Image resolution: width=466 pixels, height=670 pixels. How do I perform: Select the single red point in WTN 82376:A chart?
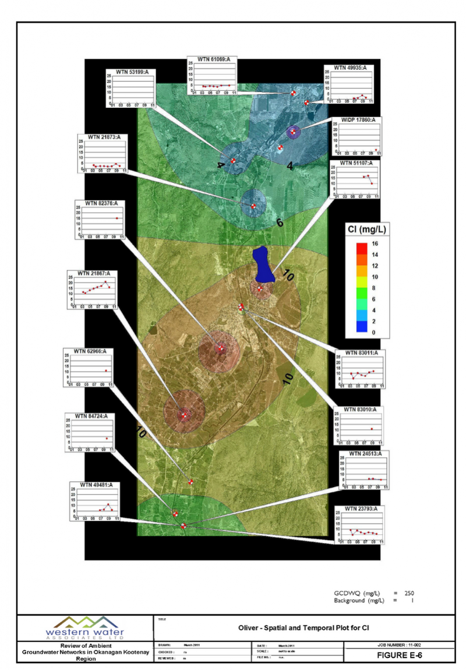[116, 218]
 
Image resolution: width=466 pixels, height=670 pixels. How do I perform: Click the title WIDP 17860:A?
[354, 120]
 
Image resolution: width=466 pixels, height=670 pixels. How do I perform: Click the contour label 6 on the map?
[279, 223]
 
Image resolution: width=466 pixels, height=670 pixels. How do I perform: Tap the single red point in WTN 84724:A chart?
[107, 438]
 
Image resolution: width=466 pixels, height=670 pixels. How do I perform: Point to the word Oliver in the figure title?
[249, 628]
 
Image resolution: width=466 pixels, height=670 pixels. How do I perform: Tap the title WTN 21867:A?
[93, 273]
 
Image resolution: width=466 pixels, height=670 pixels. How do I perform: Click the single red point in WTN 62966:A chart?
[105, 371]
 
